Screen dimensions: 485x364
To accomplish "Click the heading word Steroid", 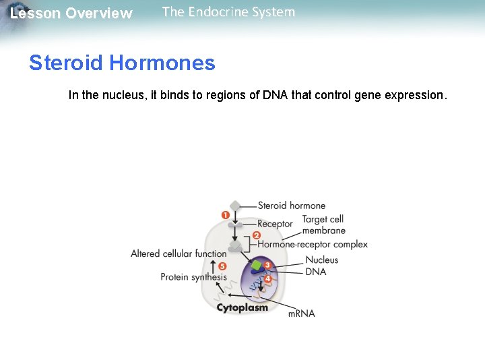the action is pos(66,63).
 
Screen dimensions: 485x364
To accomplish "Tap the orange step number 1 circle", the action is pos(226,215).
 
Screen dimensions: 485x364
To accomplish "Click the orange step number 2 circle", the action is pos(256,236).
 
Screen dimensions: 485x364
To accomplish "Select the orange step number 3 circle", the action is pos(267,265).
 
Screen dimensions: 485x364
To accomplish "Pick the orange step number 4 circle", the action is pos(268,278).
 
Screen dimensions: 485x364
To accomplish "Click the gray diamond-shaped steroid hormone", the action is pos(234,206).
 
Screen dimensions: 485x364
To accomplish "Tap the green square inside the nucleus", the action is pos(256,266).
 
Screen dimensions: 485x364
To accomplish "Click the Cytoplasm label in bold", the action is pos(242,307).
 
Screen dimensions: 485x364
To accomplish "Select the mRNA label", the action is pos(301,313).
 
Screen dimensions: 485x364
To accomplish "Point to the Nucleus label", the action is pos(322,260).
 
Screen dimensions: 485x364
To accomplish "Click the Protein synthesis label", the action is pos(193,277).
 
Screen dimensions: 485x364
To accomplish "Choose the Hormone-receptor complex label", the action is pos(313,244).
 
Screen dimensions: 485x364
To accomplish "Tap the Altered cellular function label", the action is pos(179,253).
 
